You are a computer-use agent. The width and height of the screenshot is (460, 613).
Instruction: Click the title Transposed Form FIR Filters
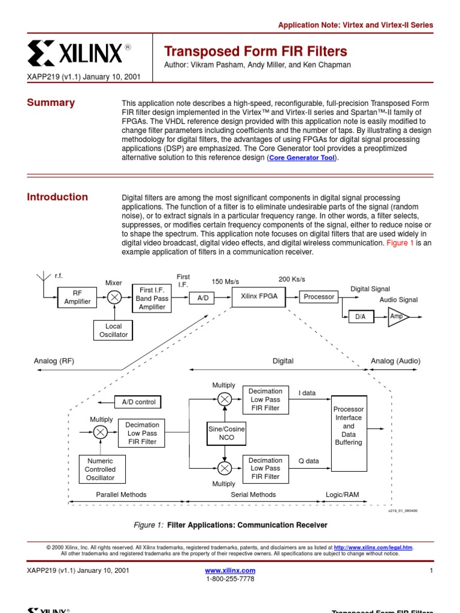[255, 51]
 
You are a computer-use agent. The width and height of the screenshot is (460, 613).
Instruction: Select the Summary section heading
[51, 102]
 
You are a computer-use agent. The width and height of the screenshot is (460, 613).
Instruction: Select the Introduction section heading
[57, 197]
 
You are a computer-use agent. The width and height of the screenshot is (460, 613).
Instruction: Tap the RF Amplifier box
[77, 298]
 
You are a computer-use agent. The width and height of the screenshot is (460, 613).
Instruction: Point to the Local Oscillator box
[113, 330]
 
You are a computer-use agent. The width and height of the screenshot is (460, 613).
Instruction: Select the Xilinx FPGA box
[259, 296]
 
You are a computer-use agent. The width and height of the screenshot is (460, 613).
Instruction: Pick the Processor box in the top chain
[319, 297]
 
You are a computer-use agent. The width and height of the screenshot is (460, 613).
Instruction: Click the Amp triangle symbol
[397, 317]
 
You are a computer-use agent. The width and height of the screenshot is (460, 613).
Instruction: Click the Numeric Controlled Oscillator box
[100, 469]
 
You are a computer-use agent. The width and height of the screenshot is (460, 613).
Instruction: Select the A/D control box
[138, 402]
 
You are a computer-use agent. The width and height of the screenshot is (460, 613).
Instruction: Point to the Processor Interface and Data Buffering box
[348, 426]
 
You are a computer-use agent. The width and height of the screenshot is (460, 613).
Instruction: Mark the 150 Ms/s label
[226, 281]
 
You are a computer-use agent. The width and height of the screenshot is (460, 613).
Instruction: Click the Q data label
[308, 461]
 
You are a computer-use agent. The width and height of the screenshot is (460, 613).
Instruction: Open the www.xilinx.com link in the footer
[230, 570]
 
